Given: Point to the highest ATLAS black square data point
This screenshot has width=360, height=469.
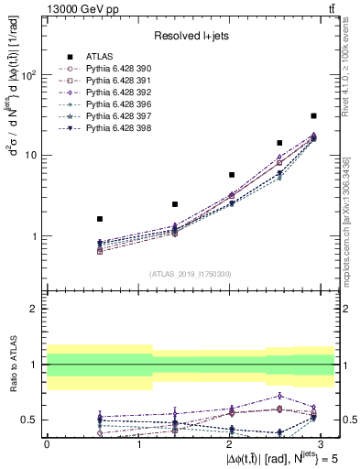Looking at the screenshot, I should (x=313, y=115).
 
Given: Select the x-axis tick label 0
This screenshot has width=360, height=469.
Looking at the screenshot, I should (x=47, y=443).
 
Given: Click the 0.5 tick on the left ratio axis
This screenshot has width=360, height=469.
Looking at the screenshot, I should (x=29, y=420).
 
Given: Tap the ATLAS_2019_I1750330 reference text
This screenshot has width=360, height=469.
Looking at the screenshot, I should (x=191, y=274).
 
